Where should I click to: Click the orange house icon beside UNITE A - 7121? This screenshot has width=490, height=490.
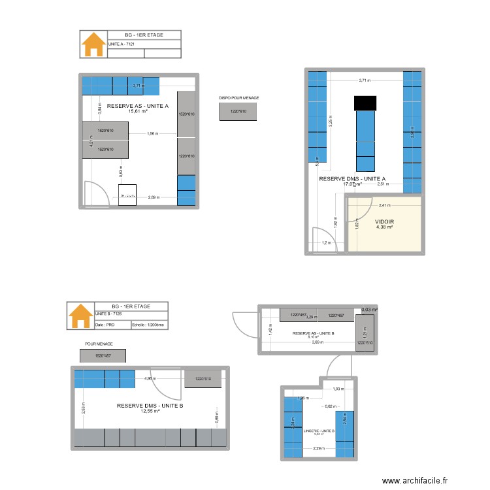coord(93,44)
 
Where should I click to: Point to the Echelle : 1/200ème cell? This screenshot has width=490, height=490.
coord(148,324)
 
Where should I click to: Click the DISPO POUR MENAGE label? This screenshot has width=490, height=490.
coord(238,98)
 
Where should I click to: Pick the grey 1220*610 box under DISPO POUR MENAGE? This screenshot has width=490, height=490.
coord(238,112)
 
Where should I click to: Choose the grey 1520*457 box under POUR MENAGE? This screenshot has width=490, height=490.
coord(103,356)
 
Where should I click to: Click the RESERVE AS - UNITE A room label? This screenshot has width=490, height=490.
coord(138,105)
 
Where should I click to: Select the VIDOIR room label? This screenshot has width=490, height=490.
coord(385,222)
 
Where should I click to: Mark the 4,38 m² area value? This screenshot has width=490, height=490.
coord(384,228)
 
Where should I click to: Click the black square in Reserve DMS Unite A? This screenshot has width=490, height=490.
coord(365,103)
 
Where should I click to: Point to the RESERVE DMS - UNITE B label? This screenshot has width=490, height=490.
coord(150,406)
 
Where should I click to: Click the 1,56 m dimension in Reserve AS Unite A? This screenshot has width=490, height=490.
coord(153,133)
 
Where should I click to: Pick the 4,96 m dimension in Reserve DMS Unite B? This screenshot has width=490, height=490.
coord(150,378)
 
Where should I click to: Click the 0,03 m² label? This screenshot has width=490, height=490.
coord(370,310)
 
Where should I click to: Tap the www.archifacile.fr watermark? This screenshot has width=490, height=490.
coord(415,481)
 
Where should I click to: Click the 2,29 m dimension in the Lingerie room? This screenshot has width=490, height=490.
coord(319,448)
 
